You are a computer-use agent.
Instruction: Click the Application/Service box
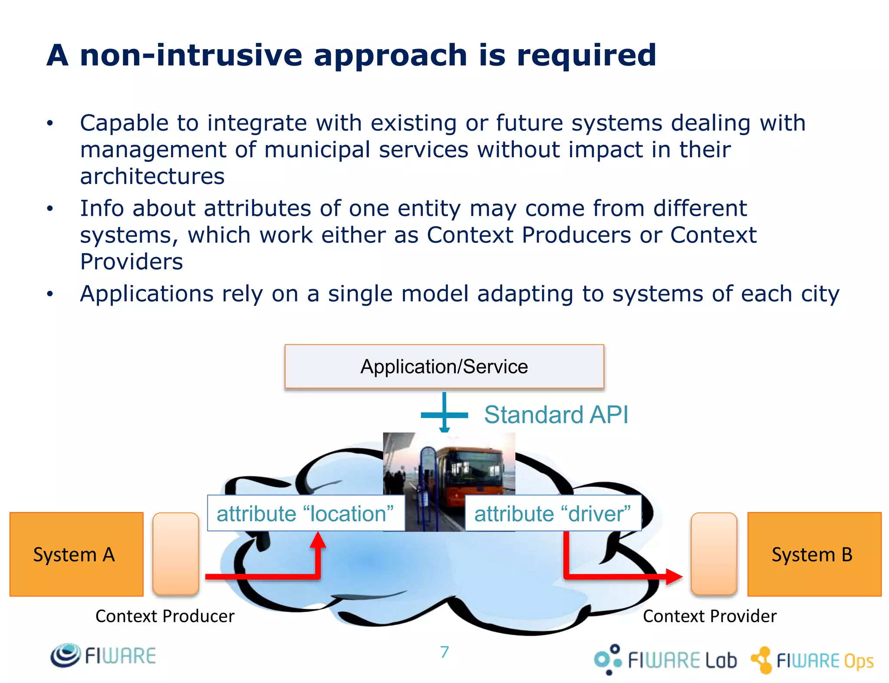pos(444,366)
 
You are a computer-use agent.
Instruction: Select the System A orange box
pos(76,554)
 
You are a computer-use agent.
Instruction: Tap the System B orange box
pos(814,554)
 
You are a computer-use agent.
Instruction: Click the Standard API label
pos(556,415)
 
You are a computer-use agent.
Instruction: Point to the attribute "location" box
pos(306,513)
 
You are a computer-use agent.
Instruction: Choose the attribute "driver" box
pos(553,513)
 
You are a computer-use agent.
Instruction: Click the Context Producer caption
pos(165,616)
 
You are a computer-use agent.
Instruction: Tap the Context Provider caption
pos(709,616)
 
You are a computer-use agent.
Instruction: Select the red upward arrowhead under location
pos(318,541)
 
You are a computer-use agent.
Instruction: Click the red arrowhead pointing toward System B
pos(673,577)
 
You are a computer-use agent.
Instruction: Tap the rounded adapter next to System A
pos(176,554)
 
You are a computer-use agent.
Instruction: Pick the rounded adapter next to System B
pos(714,554)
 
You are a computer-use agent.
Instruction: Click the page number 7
pos(444,652)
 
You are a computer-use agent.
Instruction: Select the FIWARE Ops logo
pos(812,660)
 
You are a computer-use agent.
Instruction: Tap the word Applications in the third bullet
pos(147,294)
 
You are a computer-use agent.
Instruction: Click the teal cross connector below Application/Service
pos(444,415)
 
